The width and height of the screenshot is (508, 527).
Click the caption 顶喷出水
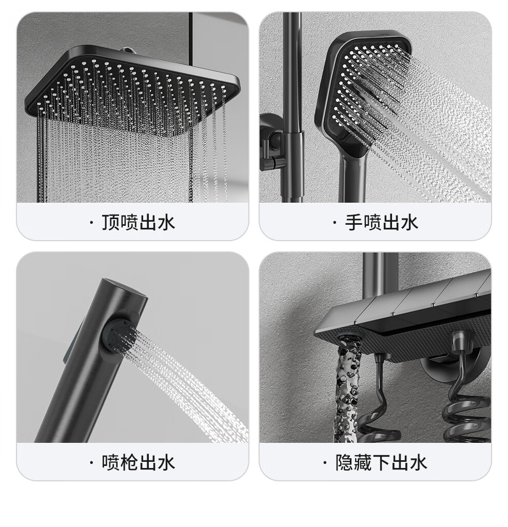point(138,223)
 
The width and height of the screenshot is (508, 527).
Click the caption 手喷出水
point(381,223)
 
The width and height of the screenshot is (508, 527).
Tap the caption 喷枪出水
point(138,462)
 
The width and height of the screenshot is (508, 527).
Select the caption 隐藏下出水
point(381,462)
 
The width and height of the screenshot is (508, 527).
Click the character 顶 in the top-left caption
point(110,223)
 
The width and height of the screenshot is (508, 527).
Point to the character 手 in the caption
point(354,223)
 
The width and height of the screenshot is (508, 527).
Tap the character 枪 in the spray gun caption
point(129,462)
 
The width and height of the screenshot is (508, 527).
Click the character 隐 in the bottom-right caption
point(344,462)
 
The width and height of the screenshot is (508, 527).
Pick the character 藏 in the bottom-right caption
point(363,462)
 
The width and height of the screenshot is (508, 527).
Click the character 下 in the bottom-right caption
point(381,462)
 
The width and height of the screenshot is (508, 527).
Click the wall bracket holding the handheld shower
point(272,141)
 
